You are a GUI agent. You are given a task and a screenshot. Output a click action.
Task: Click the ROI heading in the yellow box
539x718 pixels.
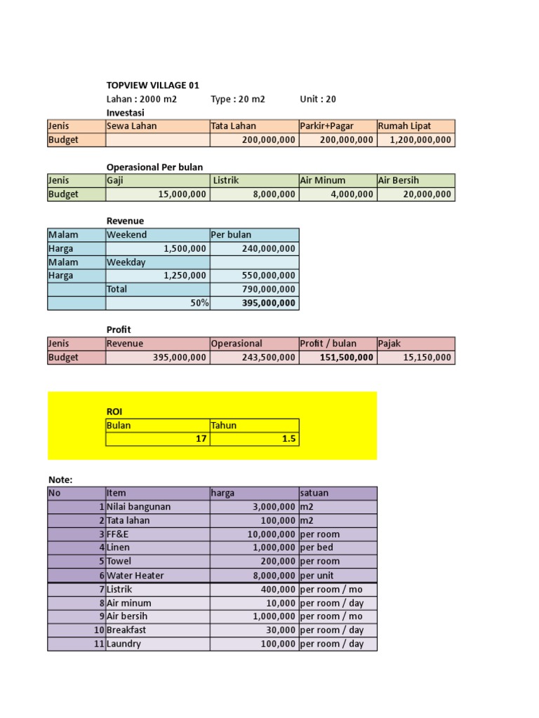click(114, 412)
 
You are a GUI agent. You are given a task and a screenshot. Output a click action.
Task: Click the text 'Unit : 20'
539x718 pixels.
click(318, 99)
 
